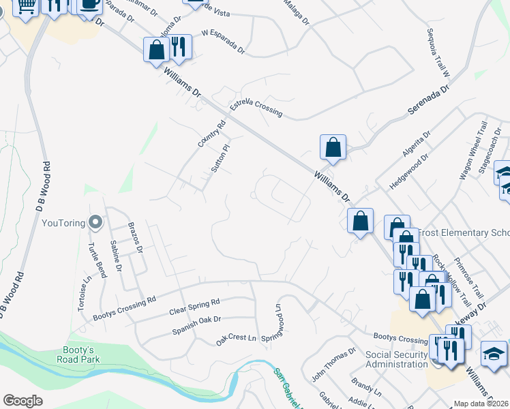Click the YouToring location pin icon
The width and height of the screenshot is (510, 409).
[96, 222]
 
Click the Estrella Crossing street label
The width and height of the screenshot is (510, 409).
[256, 107]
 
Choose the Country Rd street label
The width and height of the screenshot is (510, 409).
[211, 134]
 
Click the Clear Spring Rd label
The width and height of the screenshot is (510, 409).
[194, 307]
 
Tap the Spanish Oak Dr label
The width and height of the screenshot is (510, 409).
[196, 322]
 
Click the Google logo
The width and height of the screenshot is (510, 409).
[22, 401]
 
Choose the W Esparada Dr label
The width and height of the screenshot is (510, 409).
[223, 42]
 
